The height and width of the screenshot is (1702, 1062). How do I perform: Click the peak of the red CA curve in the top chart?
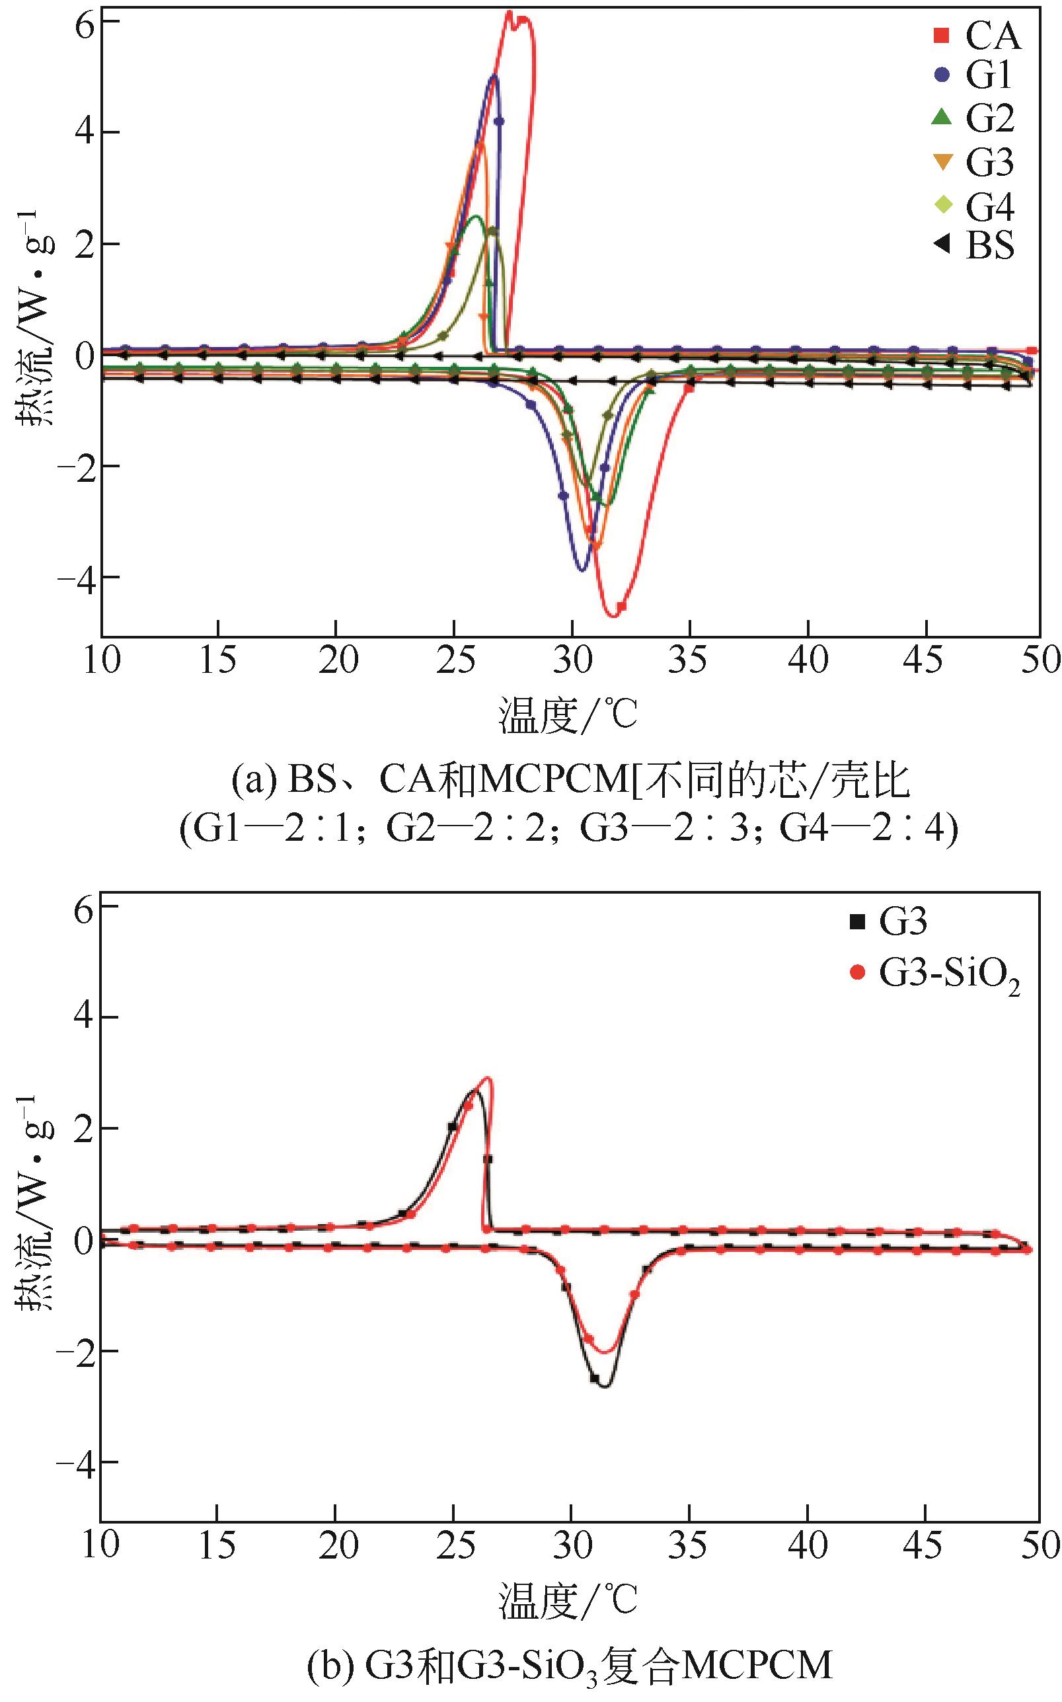(510, 12)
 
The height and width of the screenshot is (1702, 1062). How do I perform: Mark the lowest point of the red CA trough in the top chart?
(613, 616)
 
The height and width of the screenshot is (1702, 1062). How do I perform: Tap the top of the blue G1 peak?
(494, 76)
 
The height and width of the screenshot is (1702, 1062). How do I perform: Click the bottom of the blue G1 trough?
(582, 570)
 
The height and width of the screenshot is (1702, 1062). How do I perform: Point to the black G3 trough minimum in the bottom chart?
(605, 1387)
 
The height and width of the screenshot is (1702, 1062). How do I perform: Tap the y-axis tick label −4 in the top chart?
(79, 578)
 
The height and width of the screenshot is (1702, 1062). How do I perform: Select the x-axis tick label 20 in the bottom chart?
(336, 1545)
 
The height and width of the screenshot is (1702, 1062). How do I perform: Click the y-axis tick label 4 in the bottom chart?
(85, 1017)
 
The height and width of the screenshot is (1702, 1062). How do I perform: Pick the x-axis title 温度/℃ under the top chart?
(568, 715)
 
